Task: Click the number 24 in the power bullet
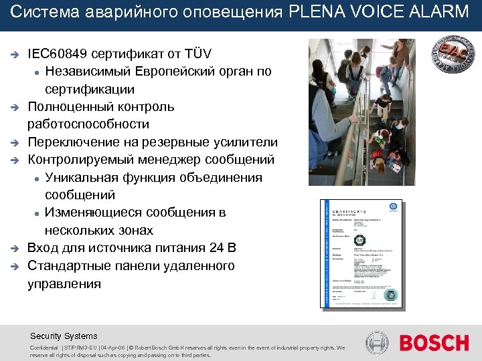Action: coord(215,249)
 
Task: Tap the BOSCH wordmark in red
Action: coord(434,343)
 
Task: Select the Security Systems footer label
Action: coord(64,336)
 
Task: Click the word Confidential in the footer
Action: coord(44,348)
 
